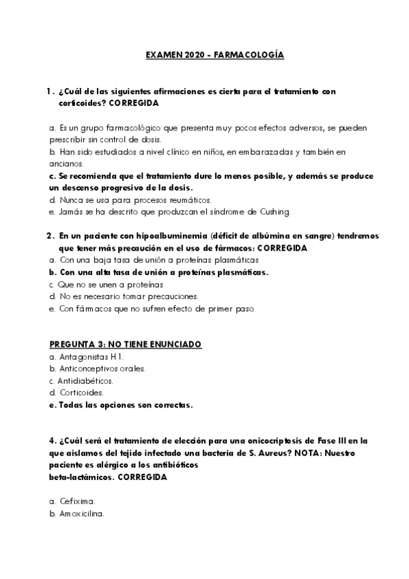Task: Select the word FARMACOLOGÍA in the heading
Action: click(x=250, y=54)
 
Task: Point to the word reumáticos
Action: click(x=188, y=199)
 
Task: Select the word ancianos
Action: click(x=66, y=164)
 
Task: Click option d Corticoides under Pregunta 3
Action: click(x=80, y=393)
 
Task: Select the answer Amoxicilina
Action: click(x=81, y=513)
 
